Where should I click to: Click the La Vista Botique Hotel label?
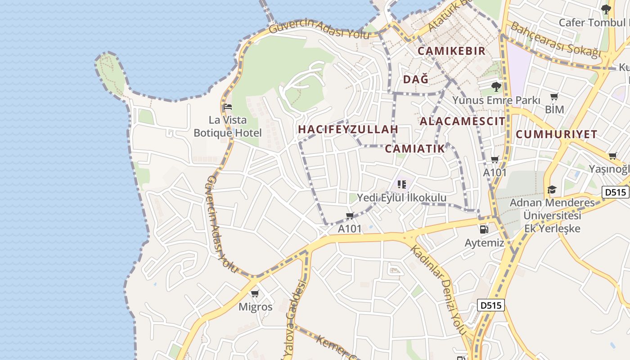pos(227,126)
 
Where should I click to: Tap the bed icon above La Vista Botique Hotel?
pos(227,107)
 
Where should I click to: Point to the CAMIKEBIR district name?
pos(451,51)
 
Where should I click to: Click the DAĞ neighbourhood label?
pos(415,80)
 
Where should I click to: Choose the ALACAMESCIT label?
pos(462,121)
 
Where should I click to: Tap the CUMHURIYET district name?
pos(556,134)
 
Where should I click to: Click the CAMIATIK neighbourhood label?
pos(415,149)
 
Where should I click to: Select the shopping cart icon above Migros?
pos(255,294)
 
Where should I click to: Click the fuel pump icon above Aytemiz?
pos(484,229)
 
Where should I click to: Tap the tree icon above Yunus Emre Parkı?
pos(496,86)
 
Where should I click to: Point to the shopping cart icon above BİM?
pos(554,97)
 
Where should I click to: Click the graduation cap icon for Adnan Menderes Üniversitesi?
pos(552,189)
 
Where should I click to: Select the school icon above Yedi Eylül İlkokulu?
pos(402,184)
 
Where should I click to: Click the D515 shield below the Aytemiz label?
pos(491,306)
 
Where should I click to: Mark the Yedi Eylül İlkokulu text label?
pos(401,198)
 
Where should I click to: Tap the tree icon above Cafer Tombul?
pos(606,9)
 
